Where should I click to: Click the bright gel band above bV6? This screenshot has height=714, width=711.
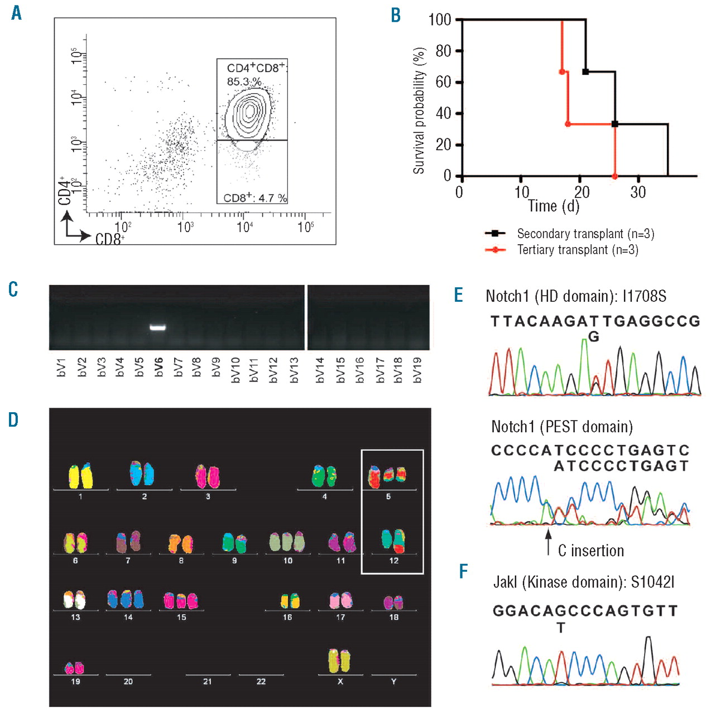(158, 327)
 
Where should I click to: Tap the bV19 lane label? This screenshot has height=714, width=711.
(416, 370)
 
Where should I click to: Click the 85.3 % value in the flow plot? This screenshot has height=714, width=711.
(244, 82)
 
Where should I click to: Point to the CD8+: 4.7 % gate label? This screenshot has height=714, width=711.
(255, 198)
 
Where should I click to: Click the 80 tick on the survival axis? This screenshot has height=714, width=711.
(443, 51)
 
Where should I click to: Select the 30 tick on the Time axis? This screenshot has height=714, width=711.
(638, 192)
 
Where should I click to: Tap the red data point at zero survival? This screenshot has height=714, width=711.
(614, 176)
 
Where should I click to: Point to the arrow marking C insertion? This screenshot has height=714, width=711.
(548, 541)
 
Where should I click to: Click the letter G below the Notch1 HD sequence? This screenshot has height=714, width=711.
(594, 336)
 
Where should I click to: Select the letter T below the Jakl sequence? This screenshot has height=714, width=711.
(561, 628)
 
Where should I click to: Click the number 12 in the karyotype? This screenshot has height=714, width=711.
(394, 561)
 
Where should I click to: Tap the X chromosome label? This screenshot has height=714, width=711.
(340, 682)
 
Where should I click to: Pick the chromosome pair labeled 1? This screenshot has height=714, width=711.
(80, 476)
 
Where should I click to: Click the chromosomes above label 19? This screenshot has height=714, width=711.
(75, 667)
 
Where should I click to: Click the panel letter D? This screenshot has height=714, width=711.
(13, 420)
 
